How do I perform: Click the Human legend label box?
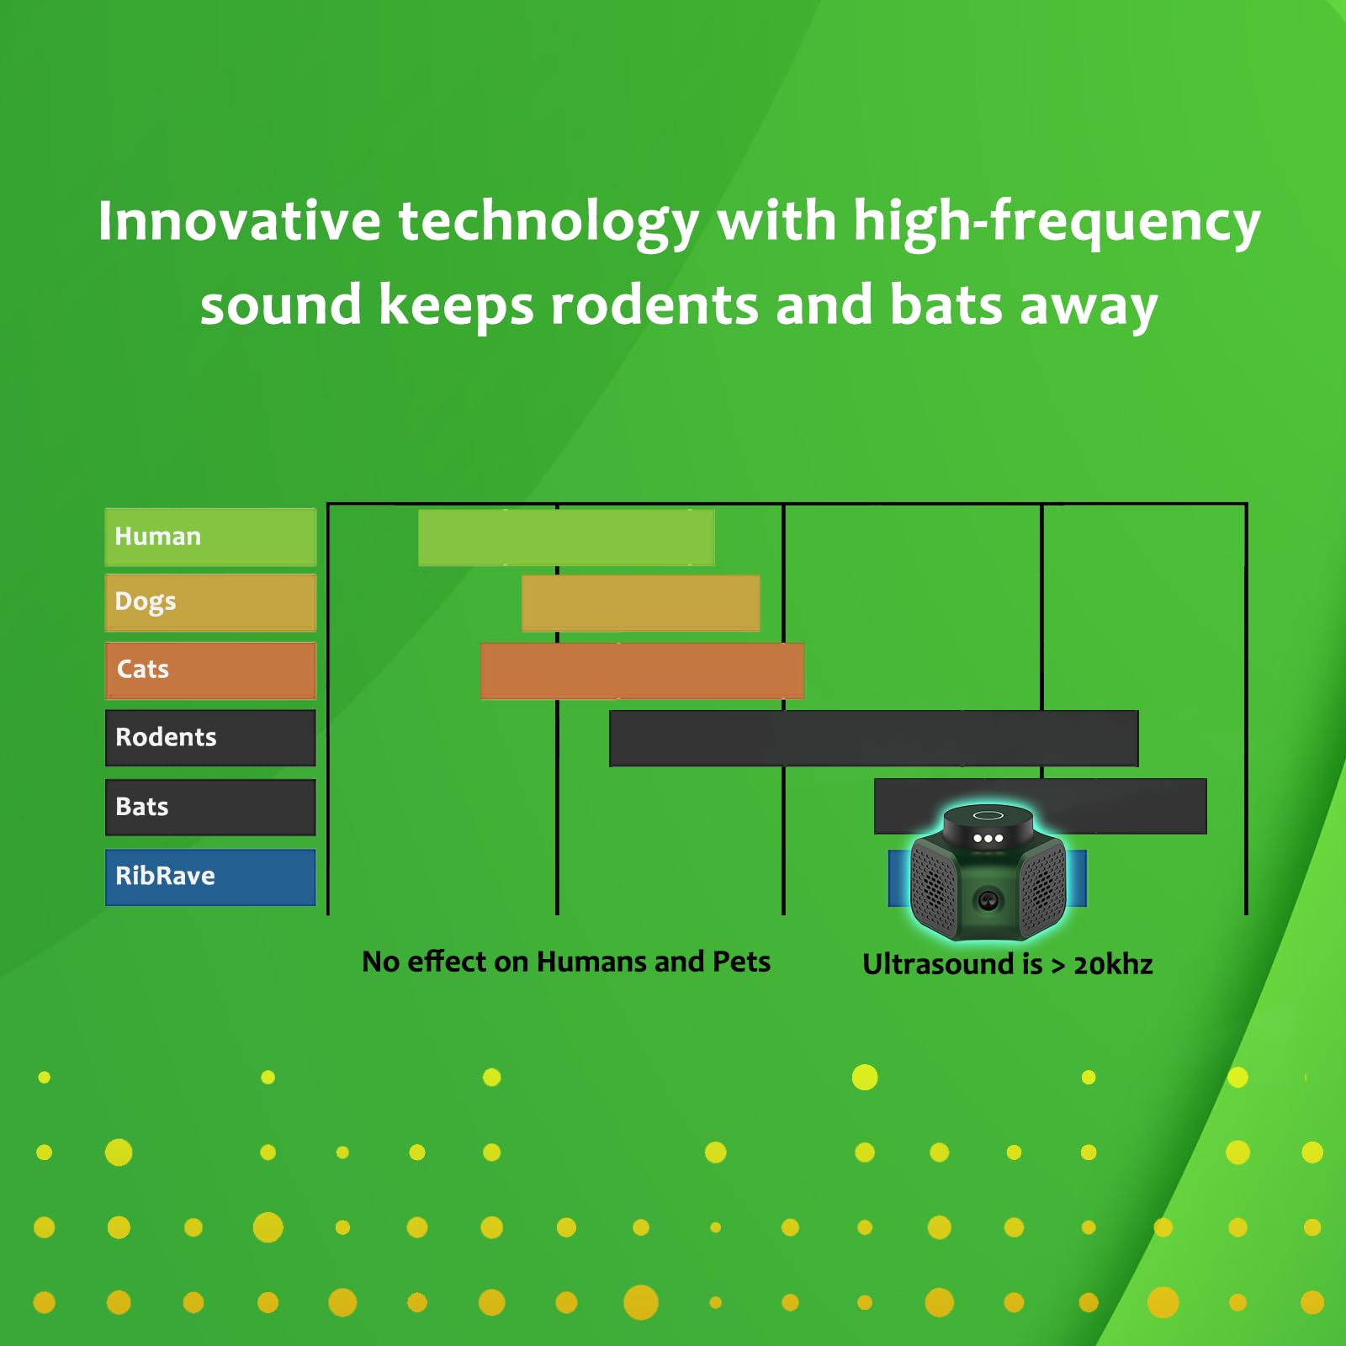(x=210, y=537)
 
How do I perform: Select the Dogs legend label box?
(x=210, y=602)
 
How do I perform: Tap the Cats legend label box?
(x=210, y=670)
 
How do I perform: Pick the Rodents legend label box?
(x=210, y=738)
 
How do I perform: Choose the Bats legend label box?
(x=210, y=808)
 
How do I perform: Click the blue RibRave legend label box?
(x=210, y=877)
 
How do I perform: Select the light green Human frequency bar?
(x=566, y=538)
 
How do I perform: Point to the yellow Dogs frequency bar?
(x=641, y=603)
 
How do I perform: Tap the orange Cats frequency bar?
(x=642, y=671)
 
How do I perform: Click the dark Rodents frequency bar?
(x=873, y=739)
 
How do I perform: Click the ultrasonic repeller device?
(x=988, y=872)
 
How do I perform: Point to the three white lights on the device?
(x=988, y=838)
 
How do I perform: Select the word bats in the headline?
(x=946, y=305)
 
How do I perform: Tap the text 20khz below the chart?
(x=1113, y=964)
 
